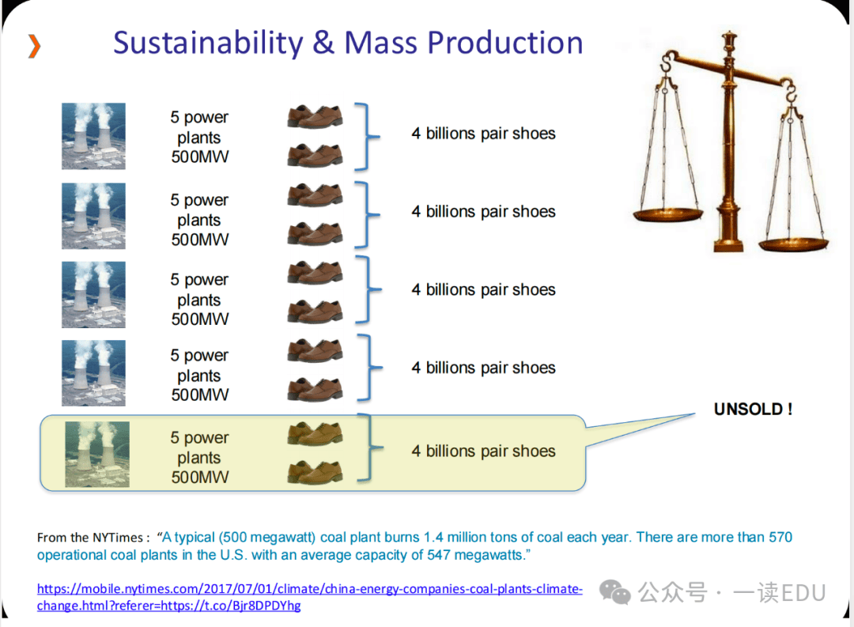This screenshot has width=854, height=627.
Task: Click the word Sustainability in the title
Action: click(208, 43)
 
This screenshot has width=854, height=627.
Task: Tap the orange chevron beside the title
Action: click(34, 46)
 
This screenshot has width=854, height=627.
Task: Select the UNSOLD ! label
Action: click(754, 409)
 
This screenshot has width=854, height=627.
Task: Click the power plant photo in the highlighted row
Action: click(97, 454)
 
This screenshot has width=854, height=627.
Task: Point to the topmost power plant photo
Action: click(93, 136)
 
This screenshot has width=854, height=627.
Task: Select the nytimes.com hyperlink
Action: click(309, 597)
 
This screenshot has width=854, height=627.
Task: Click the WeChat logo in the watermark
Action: click(615, 592)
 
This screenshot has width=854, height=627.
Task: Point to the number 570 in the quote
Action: click(780, 537)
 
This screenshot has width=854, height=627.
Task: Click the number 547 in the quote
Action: click(438, 555)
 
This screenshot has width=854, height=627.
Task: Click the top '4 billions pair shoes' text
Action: click(484, 134)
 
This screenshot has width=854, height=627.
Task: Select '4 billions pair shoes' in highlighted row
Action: click(484, 451)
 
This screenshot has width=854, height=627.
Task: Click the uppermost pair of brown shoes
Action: click(316, 116)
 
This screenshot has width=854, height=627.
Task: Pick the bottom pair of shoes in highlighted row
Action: click(316, 472)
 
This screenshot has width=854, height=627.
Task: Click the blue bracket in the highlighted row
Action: click(370, 448)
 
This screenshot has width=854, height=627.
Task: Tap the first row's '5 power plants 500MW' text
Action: click(199, 137)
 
